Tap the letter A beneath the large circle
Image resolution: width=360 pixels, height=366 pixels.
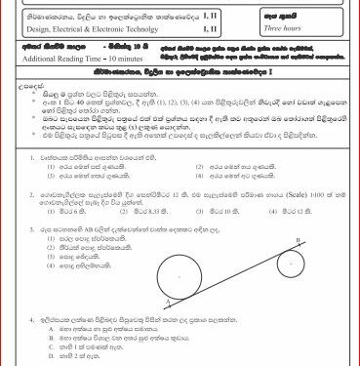coord(144,304)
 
